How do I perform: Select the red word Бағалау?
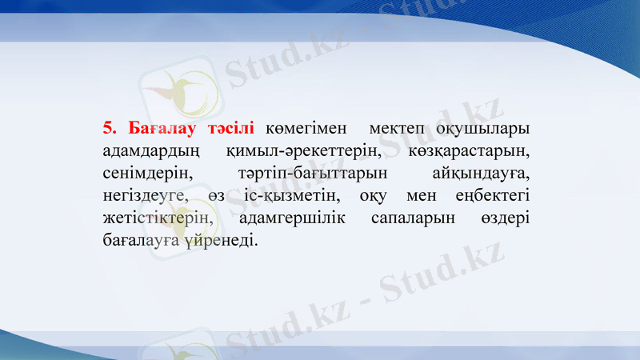click(x=157, y=127)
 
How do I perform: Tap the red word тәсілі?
click(x=230, y=127)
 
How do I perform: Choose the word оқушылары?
click(x=482, y=128)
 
